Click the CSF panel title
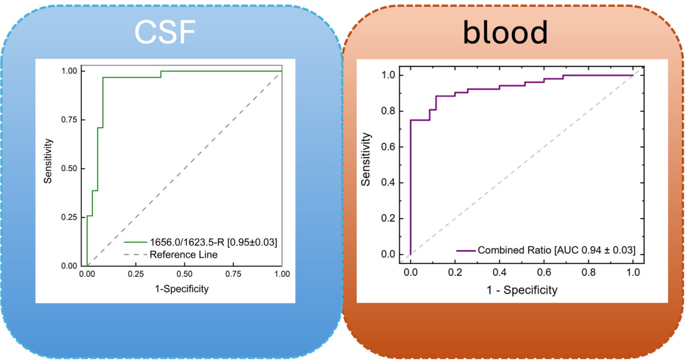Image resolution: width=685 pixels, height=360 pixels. point(165,32)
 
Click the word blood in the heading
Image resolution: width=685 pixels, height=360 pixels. point(505,33)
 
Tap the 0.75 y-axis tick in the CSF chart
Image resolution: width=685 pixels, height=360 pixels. point(70,120)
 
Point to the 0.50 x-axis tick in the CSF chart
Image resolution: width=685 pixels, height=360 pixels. point(184,274)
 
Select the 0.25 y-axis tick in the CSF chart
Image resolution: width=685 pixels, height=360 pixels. point(70,217)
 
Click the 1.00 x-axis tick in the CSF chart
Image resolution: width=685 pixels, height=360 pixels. point(282,274)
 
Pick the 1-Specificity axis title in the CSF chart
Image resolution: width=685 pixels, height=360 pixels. point(182,289)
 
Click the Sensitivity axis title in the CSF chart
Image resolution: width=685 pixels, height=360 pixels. point(48,161)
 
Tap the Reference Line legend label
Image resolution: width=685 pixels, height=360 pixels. point(183,254)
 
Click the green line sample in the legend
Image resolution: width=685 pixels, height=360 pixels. point(135,242)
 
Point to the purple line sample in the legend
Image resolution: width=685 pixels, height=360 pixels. point(466,251)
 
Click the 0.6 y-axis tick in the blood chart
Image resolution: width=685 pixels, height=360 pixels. point(388,147)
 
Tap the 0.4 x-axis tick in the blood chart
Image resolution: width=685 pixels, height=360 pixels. point(499,272)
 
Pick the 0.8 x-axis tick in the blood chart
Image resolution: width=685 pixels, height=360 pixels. point(588,272)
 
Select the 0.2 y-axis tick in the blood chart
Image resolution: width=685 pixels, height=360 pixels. point(388,219)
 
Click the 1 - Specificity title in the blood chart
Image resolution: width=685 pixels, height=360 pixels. point(522,290)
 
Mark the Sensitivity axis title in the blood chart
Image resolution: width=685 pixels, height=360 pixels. point(366,159)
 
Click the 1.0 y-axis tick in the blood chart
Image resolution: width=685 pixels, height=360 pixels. point(388,75)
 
